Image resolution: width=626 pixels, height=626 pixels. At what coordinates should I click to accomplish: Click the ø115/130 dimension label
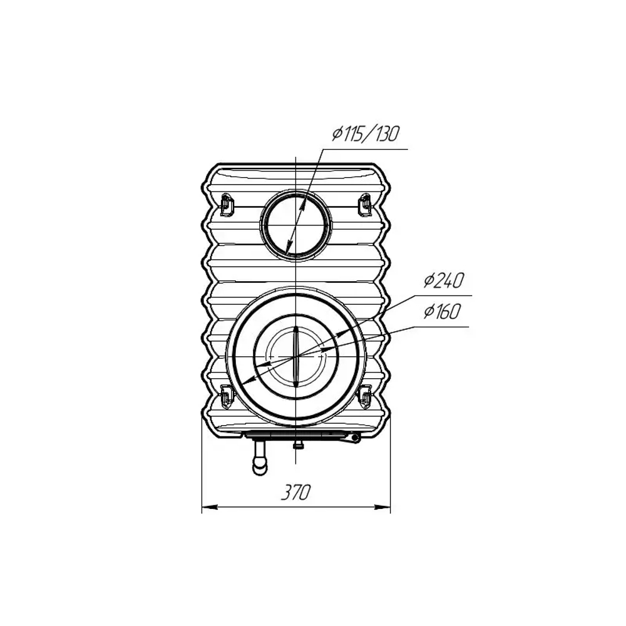(x=366, y=134)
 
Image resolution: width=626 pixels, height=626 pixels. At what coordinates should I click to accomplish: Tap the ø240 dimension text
(x=444, y=280)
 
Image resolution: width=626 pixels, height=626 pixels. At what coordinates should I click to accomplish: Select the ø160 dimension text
(x=442, y=311)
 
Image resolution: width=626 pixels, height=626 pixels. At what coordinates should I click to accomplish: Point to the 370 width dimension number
(x=295, y=492)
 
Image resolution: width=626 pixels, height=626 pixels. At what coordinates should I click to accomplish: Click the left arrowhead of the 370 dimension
(x=210, y=507)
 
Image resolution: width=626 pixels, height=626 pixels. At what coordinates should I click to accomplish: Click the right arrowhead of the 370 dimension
(x=382, y=507)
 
